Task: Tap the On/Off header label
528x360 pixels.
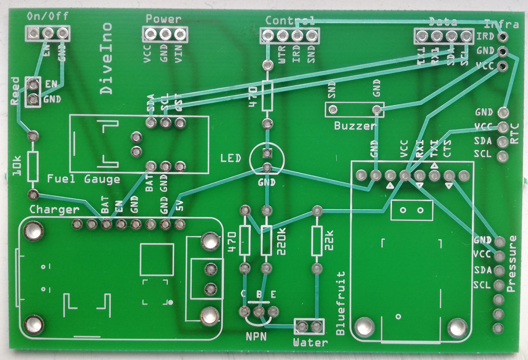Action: pyautogui.click(x=47, y=17)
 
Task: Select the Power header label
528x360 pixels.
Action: pyautogui.click(x=163, y=19)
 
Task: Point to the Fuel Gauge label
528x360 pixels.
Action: pyautogui.click(x=83, y=179)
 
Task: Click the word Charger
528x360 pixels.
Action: pyautogui.click(x=54, y=210)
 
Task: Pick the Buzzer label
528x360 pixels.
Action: pyautogui.click(x=354, y=125)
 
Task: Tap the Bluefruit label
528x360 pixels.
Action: pyautogui.click(x=340, y=303)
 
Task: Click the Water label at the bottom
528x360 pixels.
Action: pyautogui.click(x=310, y=342)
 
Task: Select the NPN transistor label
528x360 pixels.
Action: pyautogui.click(x=258, y=336)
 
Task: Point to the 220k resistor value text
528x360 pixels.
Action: pyautogui.click(x=282, y=240)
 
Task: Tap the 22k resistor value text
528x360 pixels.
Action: pyautogui.click(x=329, y=241)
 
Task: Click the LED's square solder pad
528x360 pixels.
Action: pyautogui.click(x=267, y=153)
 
